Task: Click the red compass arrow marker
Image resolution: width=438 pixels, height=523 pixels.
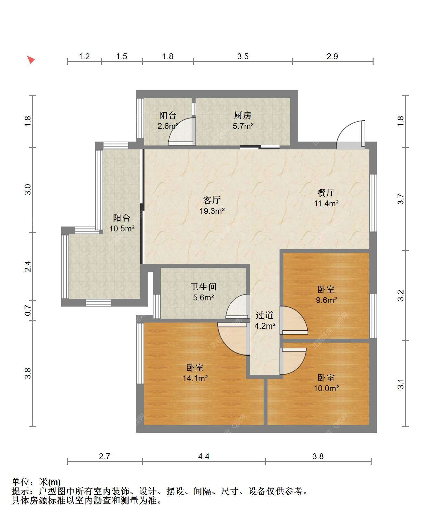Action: click(x=31, y=60)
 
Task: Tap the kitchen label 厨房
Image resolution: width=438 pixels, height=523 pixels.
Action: click(x=243, y=115)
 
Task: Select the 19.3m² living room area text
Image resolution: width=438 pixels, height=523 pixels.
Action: click(x=212, y=211)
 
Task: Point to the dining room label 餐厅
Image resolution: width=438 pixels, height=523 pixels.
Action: click(x=326, y=193)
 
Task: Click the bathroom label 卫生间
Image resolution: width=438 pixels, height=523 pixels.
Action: click(x=203, y=287)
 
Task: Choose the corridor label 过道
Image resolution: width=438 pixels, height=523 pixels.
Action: click(x=265, y=315)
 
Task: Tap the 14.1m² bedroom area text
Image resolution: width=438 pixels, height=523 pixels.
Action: click(x=195, y=378)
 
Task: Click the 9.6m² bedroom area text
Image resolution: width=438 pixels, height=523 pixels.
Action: click(x=326, y=300)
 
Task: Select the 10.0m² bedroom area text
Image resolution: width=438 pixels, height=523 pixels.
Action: click(x=326, y=388)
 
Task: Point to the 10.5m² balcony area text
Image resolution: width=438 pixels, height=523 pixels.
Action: click(x=122, y=228)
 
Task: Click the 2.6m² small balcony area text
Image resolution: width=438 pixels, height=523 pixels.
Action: click(x=168, y=126)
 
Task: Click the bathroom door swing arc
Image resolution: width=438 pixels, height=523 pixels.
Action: click(x=238, y=307)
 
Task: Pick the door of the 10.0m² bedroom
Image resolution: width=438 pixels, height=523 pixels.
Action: click(x=293, y=361)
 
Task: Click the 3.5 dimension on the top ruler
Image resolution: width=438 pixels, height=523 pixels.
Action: click(x=243, y=57)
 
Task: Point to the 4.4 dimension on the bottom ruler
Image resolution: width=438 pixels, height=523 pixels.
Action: click(x=204, y=457)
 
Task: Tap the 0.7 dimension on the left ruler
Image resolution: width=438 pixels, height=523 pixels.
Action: click(x=28, y=310)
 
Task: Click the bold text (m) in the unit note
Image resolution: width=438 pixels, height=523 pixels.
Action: click(x=54, y=482)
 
